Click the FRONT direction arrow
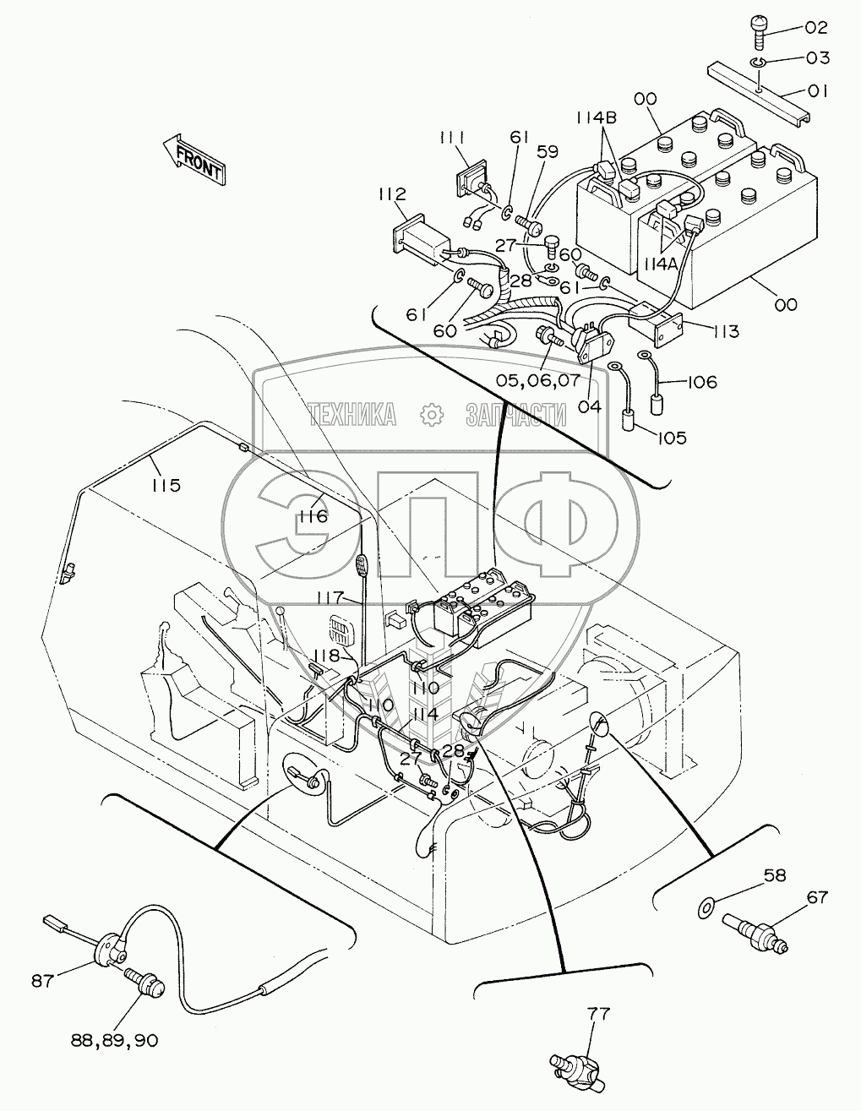click(193, 158)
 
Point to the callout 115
click(166, 485)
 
